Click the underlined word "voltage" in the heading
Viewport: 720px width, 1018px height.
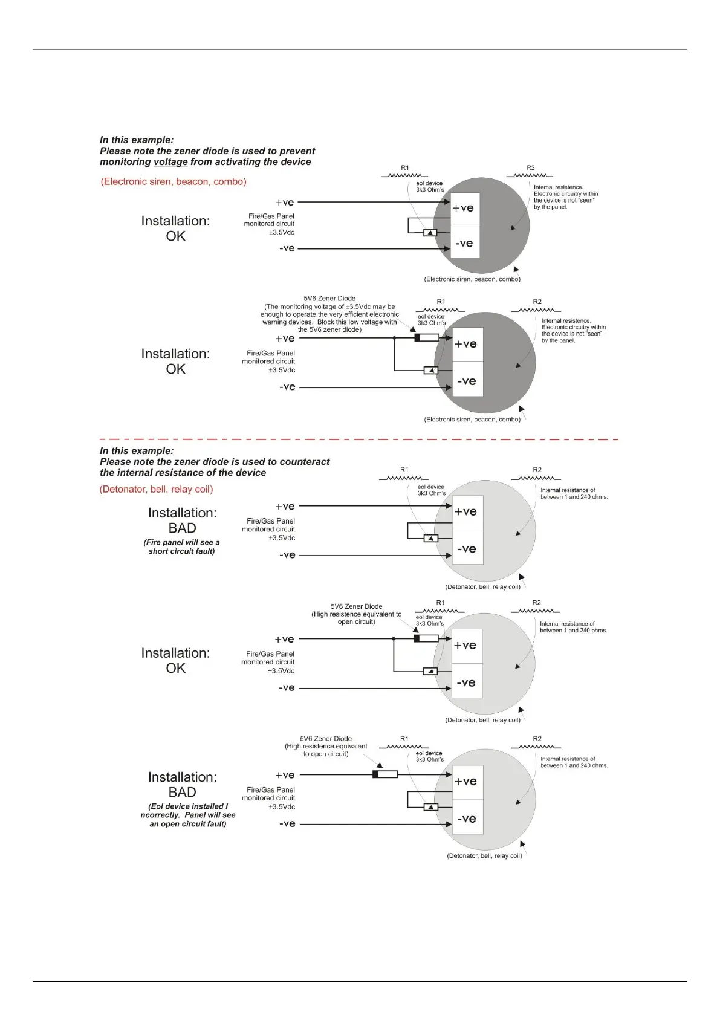click(170, 162)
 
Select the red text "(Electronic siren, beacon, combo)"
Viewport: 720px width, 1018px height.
click(174, 181)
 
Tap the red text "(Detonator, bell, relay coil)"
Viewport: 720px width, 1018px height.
click(156, 489)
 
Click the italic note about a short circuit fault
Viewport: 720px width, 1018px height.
click(181, 547)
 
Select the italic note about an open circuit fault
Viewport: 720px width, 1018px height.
click(188, 815)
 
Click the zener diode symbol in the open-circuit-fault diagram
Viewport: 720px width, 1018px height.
click(384, 774)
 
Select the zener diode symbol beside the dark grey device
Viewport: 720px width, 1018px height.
click(426, 338)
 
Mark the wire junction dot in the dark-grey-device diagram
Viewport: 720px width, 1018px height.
click(394, 338)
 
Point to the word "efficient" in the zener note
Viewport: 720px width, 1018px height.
click(358, 314)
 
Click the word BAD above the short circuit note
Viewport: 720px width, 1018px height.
click(182, 528)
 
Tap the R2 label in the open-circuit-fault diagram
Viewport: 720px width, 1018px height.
click(537, 739)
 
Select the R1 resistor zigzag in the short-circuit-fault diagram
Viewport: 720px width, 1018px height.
click(404, 478)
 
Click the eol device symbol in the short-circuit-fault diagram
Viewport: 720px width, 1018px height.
click(430, 539)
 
